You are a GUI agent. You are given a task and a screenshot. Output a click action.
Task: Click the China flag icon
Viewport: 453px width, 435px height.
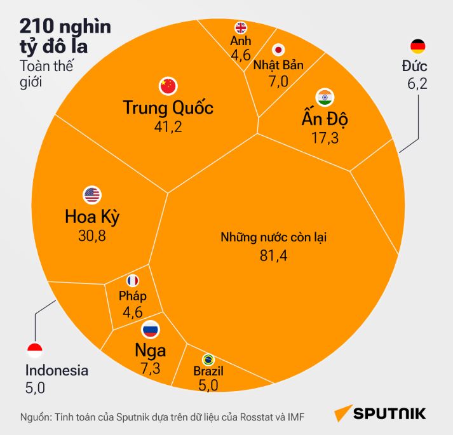click(x=167, y=85)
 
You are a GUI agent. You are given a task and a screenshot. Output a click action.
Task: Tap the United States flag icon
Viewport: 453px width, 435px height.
click(x=92, y=195)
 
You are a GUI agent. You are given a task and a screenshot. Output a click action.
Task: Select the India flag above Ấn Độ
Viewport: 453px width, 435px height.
click(x=325, y=97)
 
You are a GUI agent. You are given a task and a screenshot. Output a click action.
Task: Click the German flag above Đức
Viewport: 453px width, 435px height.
click(x=418, y=46)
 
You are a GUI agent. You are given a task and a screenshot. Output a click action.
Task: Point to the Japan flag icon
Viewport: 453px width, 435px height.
click(x=278, y=50)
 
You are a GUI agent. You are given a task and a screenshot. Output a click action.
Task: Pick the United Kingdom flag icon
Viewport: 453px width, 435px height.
click(x=241, y=27)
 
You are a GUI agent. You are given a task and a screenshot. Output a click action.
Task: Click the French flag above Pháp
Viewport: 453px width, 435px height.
click(x=133, y=280)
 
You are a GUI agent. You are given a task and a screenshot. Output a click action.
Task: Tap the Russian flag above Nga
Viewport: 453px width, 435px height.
click(x=151, y=329)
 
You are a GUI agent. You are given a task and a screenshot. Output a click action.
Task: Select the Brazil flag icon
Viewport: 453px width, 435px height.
click(x=207, y=359)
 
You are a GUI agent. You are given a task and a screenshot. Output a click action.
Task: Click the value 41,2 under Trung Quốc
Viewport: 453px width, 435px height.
click(x=168, y=126)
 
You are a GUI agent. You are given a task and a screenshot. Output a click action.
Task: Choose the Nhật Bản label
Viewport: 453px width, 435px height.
click(x=278, y=65)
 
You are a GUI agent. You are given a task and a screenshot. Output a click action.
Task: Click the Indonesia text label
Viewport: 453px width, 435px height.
click(x=57, y=371)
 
